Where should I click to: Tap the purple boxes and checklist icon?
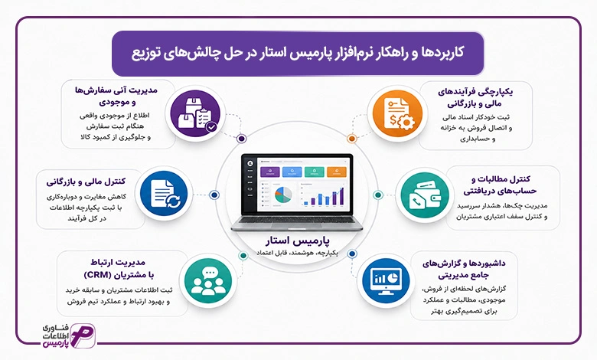[195, 113]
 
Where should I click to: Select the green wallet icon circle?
[422, 195]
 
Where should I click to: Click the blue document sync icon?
[164, 195]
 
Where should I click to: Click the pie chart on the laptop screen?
[283, 195]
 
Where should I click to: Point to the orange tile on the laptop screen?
[337, 172]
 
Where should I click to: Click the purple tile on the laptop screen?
[270, 172]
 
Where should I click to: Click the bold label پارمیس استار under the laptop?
[298, 241]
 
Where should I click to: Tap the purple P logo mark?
[83, 335]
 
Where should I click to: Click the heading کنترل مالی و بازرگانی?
[86, 182]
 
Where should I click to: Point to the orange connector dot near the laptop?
[352, 139]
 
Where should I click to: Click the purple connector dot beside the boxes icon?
[241, 139]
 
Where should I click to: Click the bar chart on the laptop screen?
[324, 196]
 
